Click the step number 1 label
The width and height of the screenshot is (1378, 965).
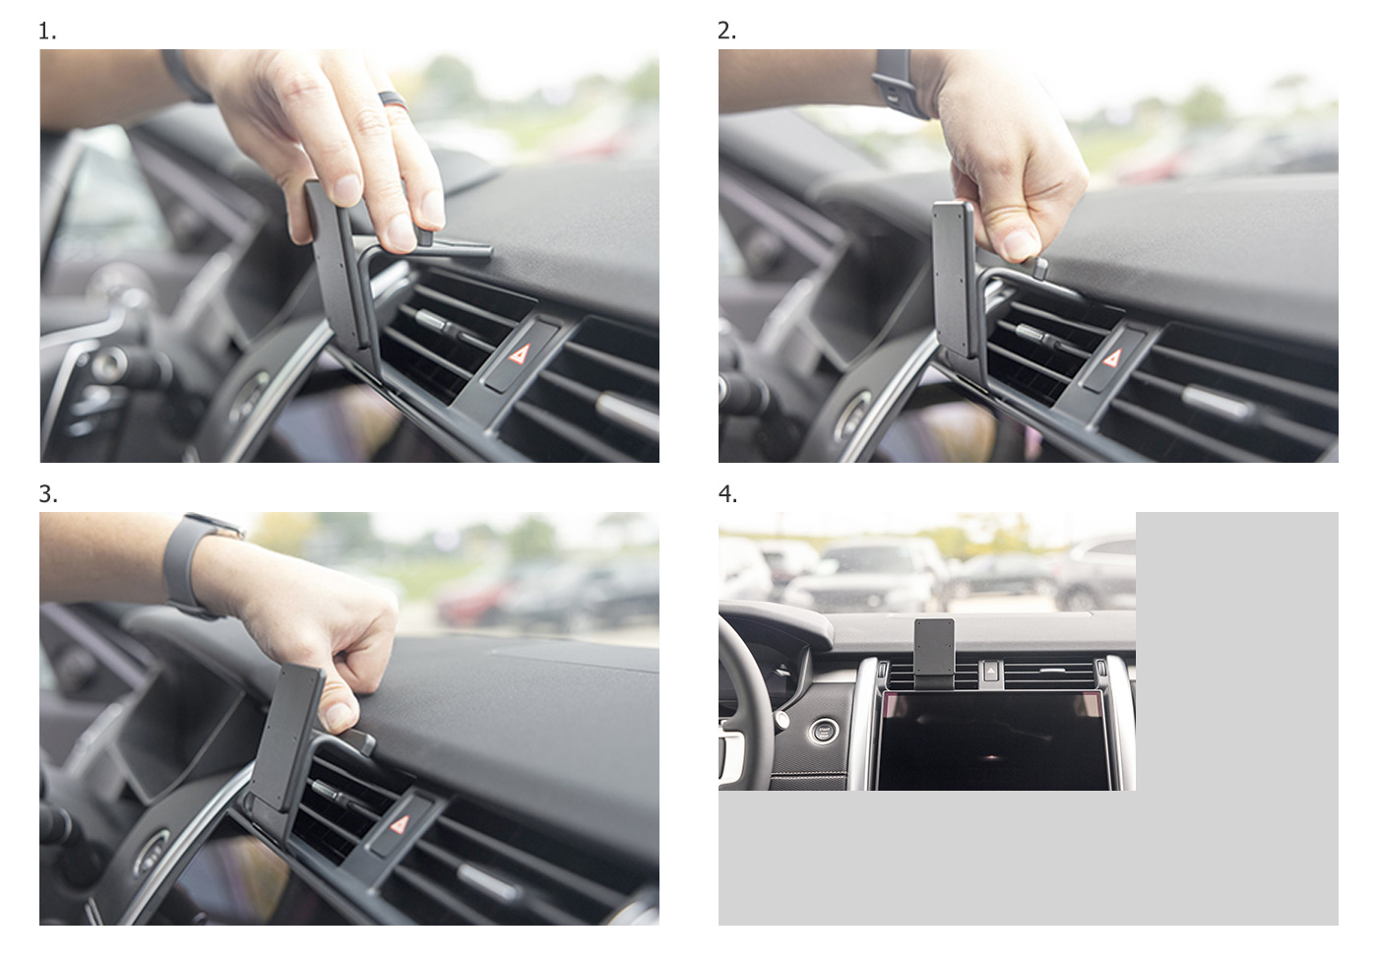[x=47, y=31]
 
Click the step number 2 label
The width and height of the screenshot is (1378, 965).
[x=726, y=31]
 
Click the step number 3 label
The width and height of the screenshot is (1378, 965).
[x=48, y=494]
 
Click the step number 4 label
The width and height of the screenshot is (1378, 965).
[x=727, y=494]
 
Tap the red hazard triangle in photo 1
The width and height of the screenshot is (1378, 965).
[x=520, y=354]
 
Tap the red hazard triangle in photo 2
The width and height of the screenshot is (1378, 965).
[x=1111, y=357]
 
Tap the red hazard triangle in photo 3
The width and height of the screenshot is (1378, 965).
[x=400, y=824]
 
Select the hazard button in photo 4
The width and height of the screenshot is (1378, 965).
[x=990, y=671]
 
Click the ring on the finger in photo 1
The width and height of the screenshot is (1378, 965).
[x=394, y=99]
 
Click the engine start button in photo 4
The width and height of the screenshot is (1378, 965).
[x=823, y=732]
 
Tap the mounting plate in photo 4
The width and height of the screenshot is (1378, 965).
[x=934, y=648]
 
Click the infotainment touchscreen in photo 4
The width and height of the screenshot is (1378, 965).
[x=992, y=740]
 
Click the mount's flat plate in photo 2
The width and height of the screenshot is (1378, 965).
[x=954, y=280]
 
